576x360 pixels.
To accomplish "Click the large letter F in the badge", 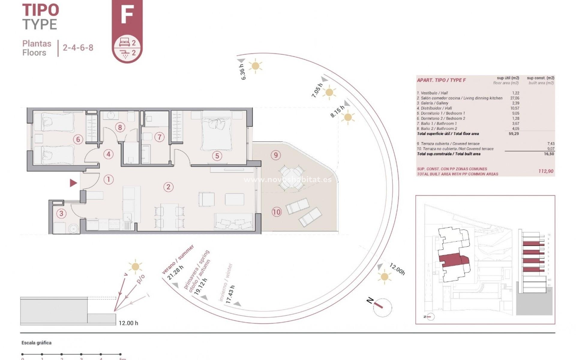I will coord(127,15).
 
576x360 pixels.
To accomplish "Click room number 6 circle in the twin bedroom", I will coord(78,139).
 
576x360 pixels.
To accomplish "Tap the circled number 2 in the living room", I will coord(168,187).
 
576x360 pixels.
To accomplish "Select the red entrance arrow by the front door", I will coord(73,183).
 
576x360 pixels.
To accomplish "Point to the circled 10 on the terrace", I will coord(276,212).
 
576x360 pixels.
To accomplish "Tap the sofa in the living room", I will coord(233,222).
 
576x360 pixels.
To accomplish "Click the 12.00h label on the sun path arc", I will coord(397,269).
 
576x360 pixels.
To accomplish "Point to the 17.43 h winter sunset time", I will coord(230,294).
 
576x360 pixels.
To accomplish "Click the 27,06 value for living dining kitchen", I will coord(514,98).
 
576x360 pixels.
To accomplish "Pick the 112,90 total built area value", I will coord(546,171).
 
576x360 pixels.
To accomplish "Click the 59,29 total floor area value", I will coord(514,134).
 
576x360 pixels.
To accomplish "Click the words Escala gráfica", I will coord(36,343).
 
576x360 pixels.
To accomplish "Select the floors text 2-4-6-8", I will coord(78,48).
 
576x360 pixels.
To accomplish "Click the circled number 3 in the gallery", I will coord(61,213).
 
